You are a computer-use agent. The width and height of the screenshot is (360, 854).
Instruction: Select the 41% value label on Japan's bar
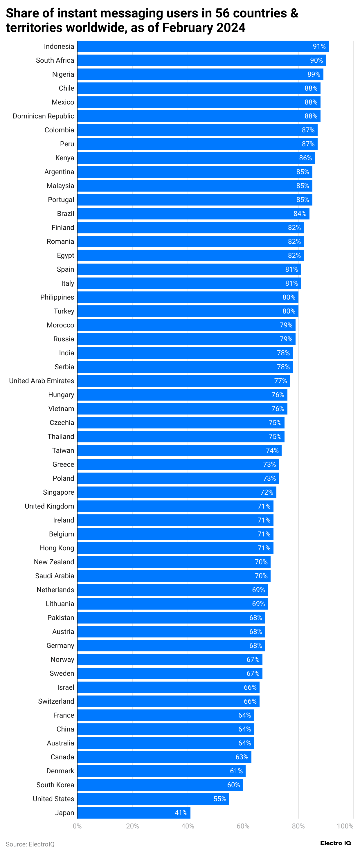point(181,812)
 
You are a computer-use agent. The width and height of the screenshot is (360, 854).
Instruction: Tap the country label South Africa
point(55,60)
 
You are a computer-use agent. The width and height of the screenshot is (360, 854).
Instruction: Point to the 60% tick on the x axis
point(243,826)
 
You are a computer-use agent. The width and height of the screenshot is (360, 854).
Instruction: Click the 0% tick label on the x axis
point(77,826)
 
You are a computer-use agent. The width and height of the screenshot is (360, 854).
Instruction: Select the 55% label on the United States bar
point(220,799)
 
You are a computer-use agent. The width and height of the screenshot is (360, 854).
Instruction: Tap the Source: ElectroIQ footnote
point(30,844)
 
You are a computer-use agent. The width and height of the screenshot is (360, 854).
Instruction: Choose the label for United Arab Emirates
point(42,381)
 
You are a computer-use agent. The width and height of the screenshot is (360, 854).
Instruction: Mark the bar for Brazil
point(193,214)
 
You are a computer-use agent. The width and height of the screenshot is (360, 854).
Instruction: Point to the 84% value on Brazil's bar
point(300,214)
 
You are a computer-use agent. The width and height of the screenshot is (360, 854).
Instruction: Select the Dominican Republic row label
point(44,116)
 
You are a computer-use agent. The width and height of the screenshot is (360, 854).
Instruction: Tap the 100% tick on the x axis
point(345,826)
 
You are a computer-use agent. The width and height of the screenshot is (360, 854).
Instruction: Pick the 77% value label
point(280,381)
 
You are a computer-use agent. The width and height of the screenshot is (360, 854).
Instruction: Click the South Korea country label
point(55,785)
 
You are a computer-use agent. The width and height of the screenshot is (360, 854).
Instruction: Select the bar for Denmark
point(161,771)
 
